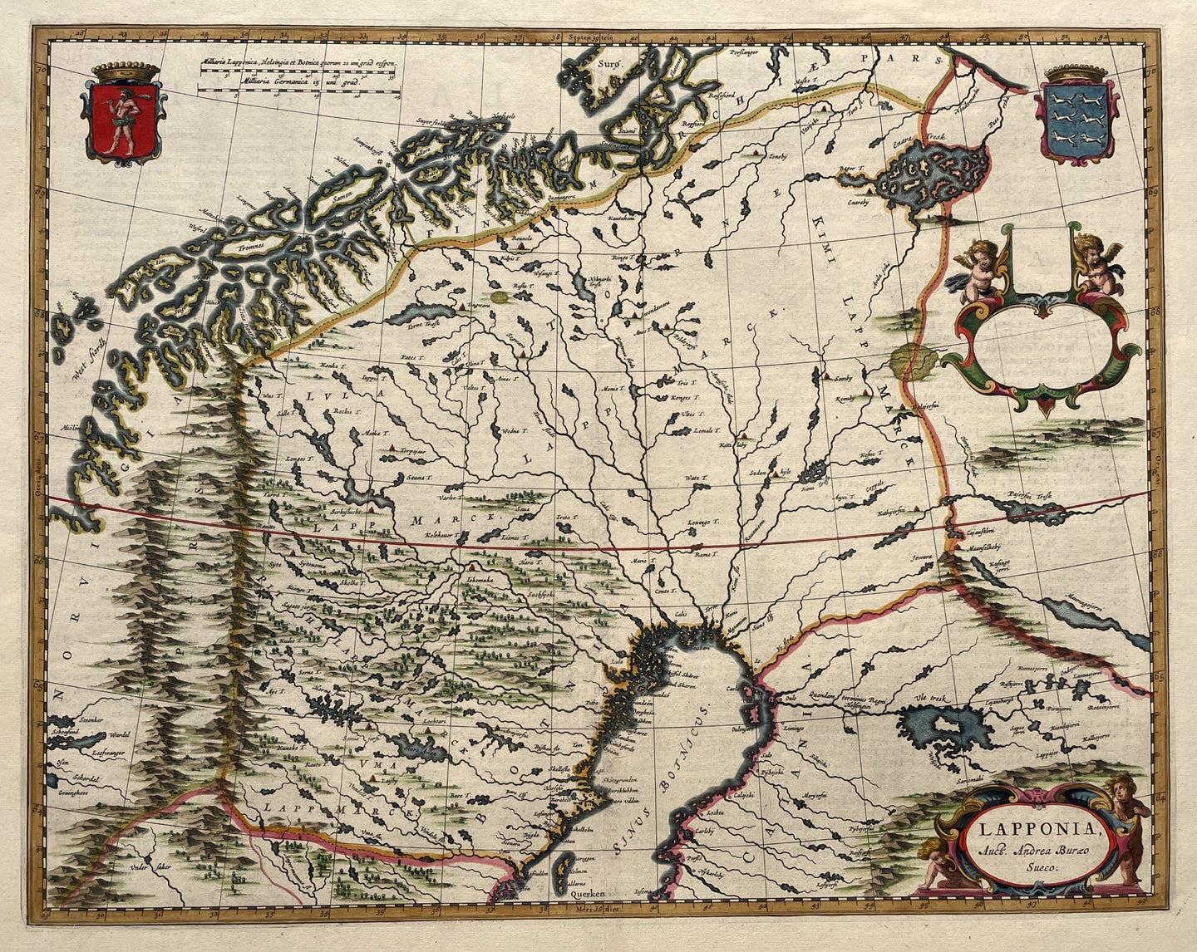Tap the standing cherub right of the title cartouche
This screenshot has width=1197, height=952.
click(1126, 827)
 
